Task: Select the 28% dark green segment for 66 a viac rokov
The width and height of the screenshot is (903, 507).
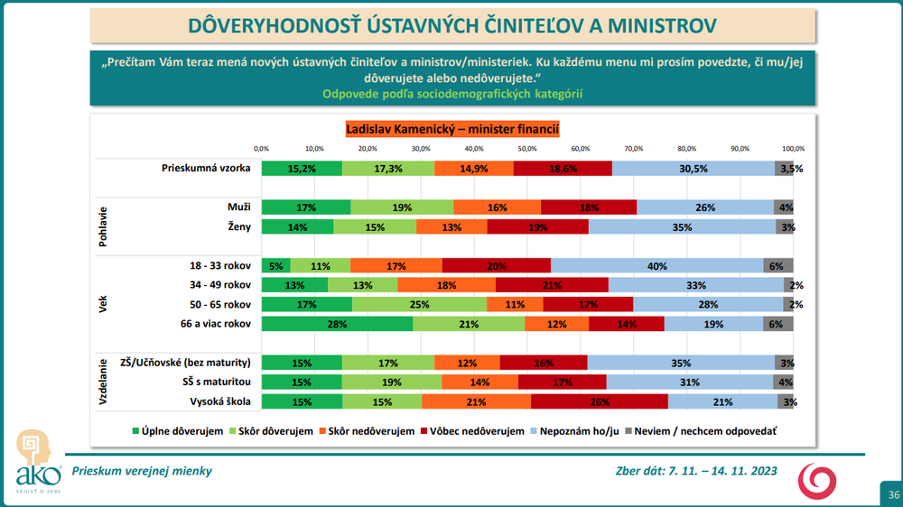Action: tap(337, 323)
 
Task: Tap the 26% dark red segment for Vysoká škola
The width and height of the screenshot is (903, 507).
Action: tap(600, 401)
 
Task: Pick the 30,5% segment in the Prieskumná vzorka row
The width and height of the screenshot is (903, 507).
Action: tap(694, 168)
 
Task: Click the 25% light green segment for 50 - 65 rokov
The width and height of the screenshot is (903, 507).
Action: tap(420, 304)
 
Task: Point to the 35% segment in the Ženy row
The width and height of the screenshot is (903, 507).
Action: tap(682, 227)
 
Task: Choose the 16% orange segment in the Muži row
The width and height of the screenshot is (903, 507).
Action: tap(498, 207)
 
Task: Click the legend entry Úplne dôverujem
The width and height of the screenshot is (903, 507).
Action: tap(178, 431)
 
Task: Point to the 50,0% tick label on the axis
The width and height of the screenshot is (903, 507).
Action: tap(527, 148)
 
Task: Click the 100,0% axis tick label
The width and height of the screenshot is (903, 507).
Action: tap(794, 148)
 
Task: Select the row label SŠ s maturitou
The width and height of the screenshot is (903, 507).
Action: tap(210, 382)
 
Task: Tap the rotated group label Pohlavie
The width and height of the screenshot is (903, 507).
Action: tap(103, 217)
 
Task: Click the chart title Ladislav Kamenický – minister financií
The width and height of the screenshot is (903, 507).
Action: tap(452, 129)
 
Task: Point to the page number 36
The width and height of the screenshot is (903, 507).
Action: tap(893, 494)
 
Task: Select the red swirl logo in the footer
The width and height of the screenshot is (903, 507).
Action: tap(821, 481)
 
